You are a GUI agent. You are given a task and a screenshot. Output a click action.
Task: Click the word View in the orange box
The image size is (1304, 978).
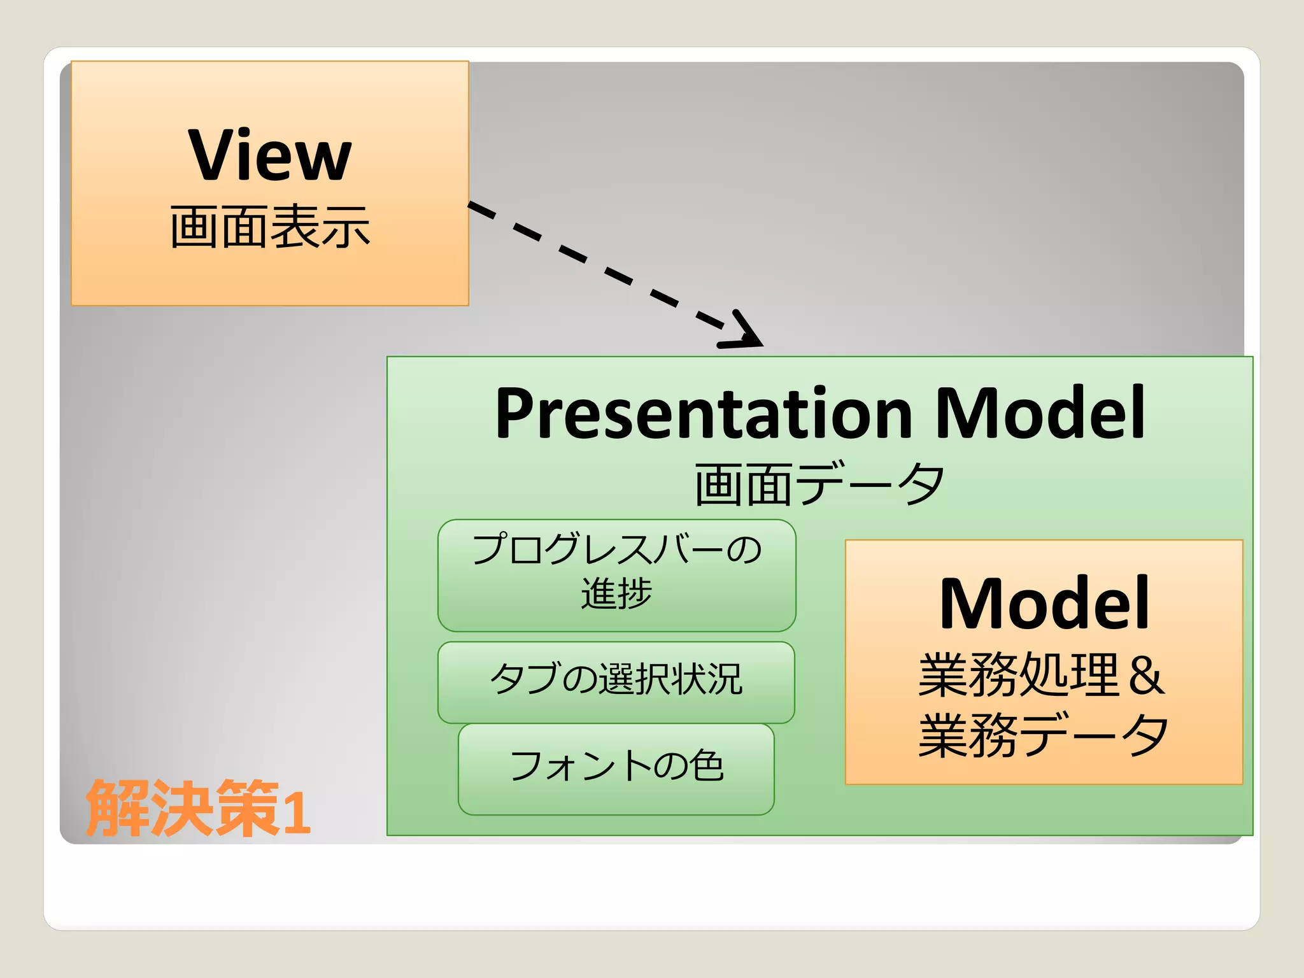[270, 155]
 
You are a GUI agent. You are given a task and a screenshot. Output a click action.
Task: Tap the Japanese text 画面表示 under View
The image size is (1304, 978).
[270, 227]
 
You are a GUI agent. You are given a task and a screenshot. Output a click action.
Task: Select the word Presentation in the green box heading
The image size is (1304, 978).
[704, 414]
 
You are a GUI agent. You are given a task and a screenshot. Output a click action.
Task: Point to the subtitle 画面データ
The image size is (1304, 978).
[819, 485]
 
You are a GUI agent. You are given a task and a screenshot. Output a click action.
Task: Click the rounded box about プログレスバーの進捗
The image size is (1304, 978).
[616, 575]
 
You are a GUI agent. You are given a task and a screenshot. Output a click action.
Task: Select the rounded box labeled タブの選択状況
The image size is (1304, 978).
[616, 680]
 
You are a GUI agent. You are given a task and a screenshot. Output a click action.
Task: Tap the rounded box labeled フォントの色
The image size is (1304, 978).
[616, 767]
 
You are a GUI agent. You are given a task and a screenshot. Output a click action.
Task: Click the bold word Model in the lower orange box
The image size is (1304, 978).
[1044, 604]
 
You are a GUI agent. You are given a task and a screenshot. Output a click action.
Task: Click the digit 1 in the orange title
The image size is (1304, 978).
[297, 812]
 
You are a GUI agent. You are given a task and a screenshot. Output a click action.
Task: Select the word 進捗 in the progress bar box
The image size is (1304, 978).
[616, 593]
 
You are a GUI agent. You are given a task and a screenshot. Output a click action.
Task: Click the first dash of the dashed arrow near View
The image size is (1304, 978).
[482, 210]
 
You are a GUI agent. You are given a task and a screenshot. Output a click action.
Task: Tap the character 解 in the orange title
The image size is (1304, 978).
[117, 807]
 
